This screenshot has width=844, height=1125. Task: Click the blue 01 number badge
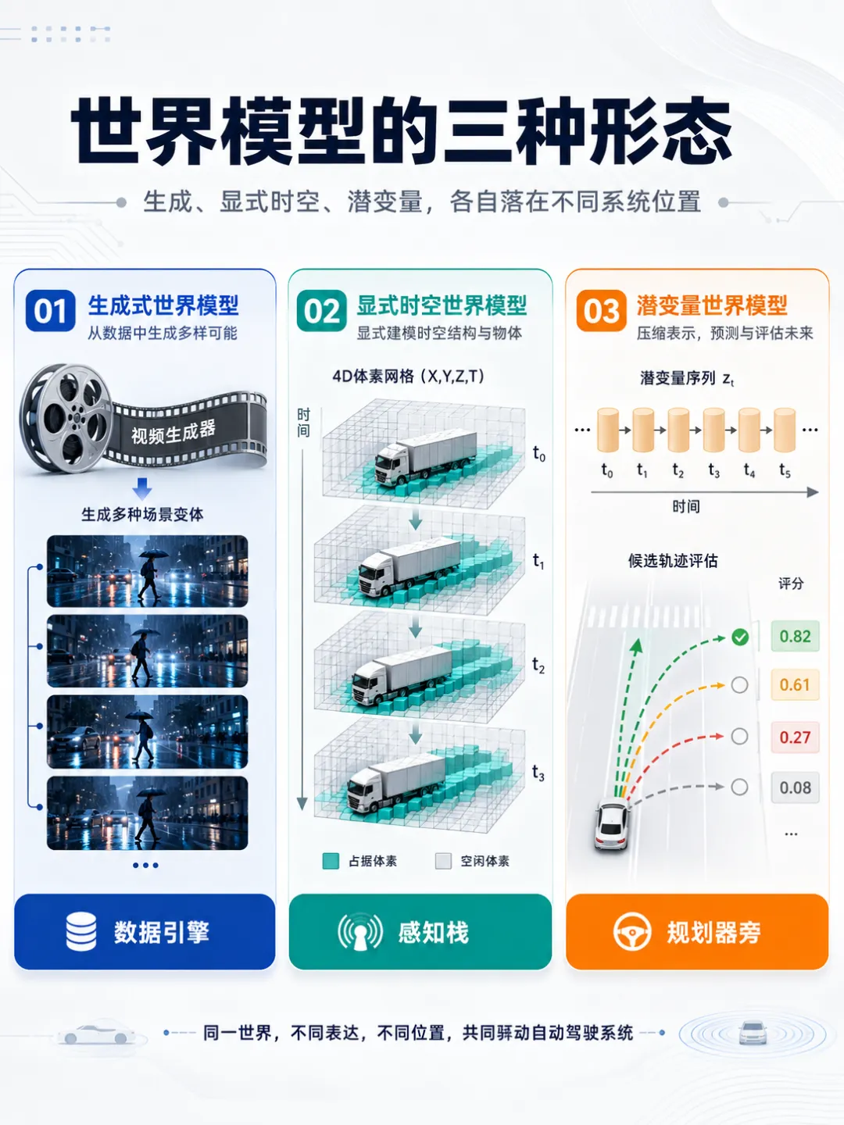click(x=50, y=311)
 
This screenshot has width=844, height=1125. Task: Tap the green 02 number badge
click(x=321, y=311)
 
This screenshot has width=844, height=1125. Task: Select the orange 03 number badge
click(x=601, y=311)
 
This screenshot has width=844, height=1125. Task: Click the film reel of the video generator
click(x=66, y=418)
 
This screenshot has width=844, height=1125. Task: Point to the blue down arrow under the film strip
click(x=142, y=488)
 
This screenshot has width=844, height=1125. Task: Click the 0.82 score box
click(x=795, y=636)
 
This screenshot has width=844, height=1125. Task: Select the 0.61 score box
click(x=795, y=684)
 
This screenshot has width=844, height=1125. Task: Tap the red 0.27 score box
click(x=795, y=737)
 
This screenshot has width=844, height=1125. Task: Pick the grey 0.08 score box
click(x=795, y=787)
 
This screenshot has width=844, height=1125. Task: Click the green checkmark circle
click(x=740, y=637)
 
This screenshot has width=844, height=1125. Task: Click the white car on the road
click(x=611, y=825)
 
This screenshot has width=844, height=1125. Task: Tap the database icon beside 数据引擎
click(x=81, y=932)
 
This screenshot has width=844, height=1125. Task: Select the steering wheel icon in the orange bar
click(x=632, y=932)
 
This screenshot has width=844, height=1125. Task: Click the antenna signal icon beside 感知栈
click(x=360, y=932)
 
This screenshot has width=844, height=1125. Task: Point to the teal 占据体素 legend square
click(x=331, y=861)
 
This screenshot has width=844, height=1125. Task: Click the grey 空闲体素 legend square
click(x=443, y=861)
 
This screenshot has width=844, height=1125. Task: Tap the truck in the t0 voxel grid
click(x=425, y=456)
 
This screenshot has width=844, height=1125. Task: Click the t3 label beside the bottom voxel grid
click(x=538, y=773)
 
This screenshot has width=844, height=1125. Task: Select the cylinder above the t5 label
click(x=785, y=430)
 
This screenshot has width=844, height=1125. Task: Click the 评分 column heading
click(x=791, y=584)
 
